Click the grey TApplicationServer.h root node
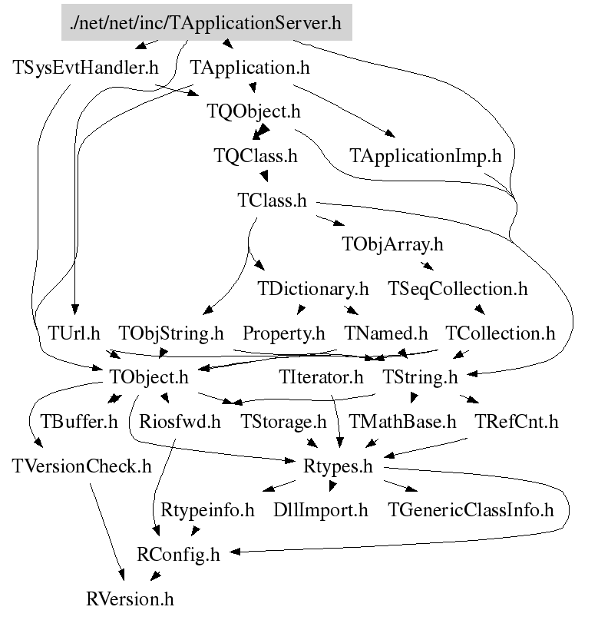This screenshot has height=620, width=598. [206, 22]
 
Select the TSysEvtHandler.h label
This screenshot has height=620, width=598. [85, 67]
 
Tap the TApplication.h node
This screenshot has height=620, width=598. [249, 67]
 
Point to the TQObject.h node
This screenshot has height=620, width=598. [253, 111]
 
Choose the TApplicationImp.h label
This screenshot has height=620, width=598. [425, 156]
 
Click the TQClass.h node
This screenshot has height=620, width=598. [255, 156]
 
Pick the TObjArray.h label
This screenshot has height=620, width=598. [392, 245]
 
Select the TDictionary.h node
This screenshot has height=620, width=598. [313, 290]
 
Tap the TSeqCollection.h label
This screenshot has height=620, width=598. [458, 290]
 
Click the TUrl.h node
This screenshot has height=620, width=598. [74, 334]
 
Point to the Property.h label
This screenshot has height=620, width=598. [284, 334]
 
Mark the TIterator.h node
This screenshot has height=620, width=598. [321, 377]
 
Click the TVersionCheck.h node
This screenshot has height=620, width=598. [82, 466]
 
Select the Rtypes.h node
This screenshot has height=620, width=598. [339, 466]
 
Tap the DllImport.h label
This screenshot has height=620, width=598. [321, 510]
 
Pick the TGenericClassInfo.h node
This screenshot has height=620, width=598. [471, 510]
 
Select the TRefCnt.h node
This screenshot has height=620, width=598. [516, 422]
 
